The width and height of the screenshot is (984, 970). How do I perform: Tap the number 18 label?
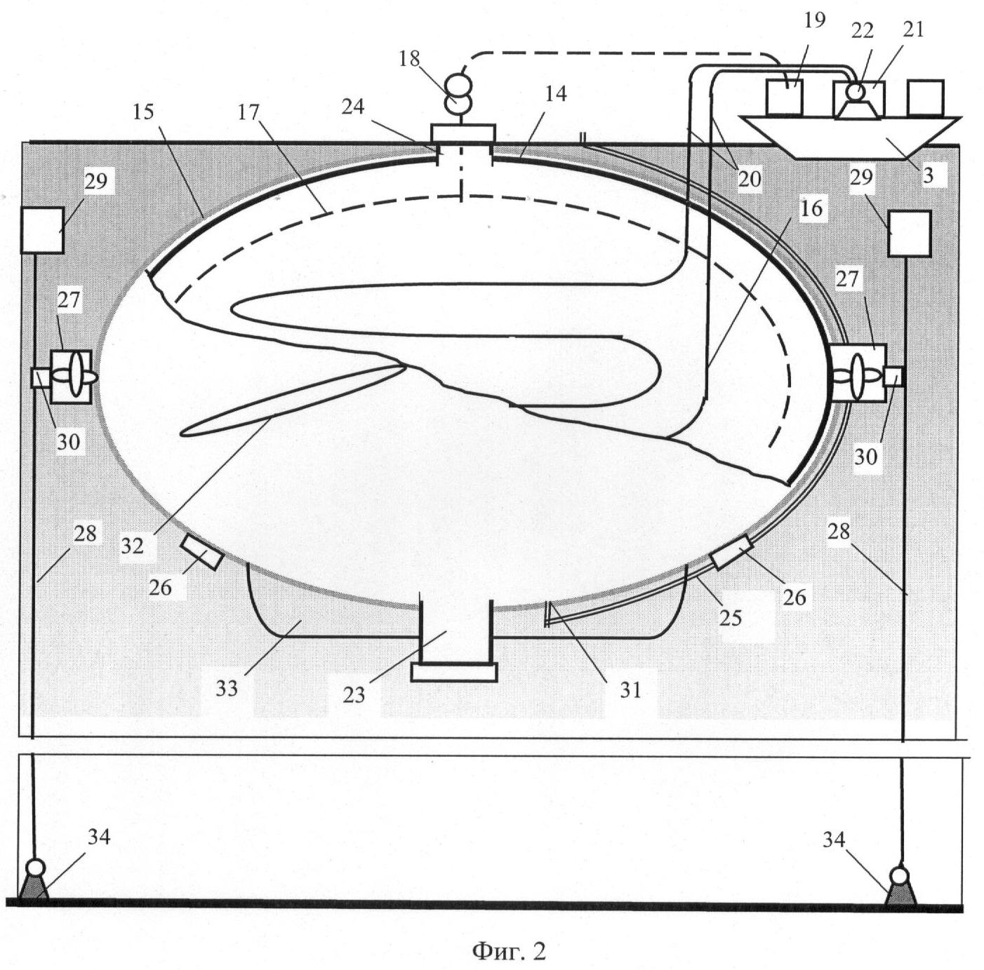click(409, 59)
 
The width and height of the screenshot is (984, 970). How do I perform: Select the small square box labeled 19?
click(785, 97)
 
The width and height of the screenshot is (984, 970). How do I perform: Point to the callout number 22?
click(863, 31)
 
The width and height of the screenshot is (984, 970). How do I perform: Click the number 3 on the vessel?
click(929, 175)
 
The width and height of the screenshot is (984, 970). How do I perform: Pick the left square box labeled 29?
click(42, 230)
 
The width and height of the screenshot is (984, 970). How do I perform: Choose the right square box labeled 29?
click(910, 234)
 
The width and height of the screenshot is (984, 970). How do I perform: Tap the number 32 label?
click(132, 546)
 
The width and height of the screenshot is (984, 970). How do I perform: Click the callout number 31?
click(631, 691)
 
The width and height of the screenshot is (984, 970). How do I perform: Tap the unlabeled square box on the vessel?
click(926, 97)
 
